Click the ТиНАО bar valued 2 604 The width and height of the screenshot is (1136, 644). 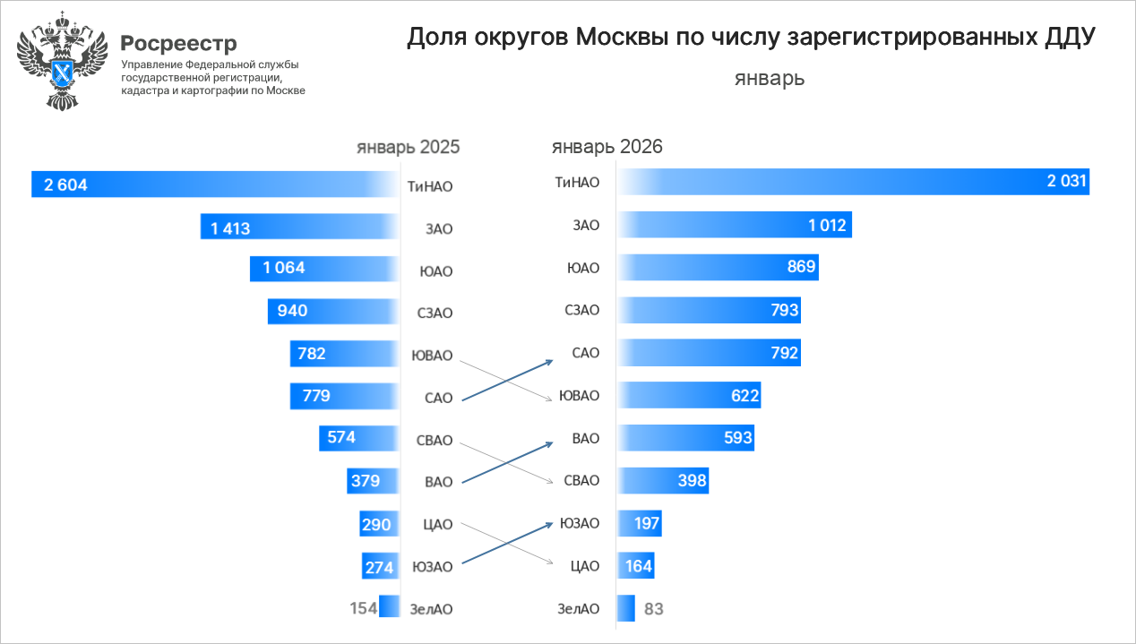point(215,185)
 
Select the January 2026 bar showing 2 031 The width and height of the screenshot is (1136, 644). point(851,182)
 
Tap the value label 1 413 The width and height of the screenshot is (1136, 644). point(230,228)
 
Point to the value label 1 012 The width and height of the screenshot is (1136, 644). point(826,225)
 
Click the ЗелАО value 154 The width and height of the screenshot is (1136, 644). point(363,608)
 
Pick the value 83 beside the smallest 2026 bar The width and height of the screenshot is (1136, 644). point(654,609)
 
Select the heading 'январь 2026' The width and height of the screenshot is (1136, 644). point(607,147)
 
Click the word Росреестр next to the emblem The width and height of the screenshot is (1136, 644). point(179,43)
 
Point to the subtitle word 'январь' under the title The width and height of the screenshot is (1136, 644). point(770,78)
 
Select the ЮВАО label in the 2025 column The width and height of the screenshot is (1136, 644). point(432,355)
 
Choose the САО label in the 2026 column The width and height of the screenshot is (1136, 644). point(585,353)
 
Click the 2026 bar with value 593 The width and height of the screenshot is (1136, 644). point(685,438)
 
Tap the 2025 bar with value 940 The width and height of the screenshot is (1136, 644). point(332,311)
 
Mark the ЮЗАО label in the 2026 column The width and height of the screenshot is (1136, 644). point(579,523)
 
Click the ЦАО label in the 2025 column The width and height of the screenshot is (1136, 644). point(438,524)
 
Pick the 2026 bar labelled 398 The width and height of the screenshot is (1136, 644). point(663,480)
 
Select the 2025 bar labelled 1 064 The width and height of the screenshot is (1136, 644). point(323,269)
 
